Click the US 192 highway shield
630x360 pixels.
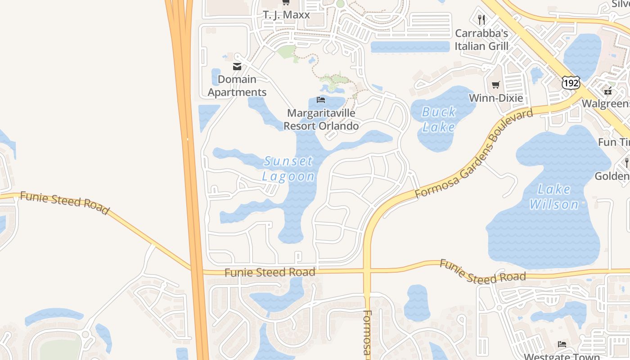571,82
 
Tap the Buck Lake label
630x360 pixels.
439,119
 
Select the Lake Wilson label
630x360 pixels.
554,197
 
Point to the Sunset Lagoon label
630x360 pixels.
288,168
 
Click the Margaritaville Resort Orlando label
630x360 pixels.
321,119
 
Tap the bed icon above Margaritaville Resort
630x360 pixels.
321,99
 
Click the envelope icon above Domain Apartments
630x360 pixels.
237,67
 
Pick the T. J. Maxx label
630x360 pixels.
287,14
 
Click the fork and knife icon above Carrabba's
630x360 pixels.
481,19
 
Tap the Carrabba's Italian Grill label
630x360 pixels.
481,40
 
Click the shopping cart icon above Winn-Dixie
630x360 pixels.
496,85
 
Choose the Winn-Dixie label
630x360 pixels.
496,98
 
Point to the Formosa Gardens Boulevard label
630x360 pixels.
474,153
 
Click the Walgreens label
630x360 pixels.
606,103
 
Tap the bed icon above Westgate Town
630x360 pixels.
562,344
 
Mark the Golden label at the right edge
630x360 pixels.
612,175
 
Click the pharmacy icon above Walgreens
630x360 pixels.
608,91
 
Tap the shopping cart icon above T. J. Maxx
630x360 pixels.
286,3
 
